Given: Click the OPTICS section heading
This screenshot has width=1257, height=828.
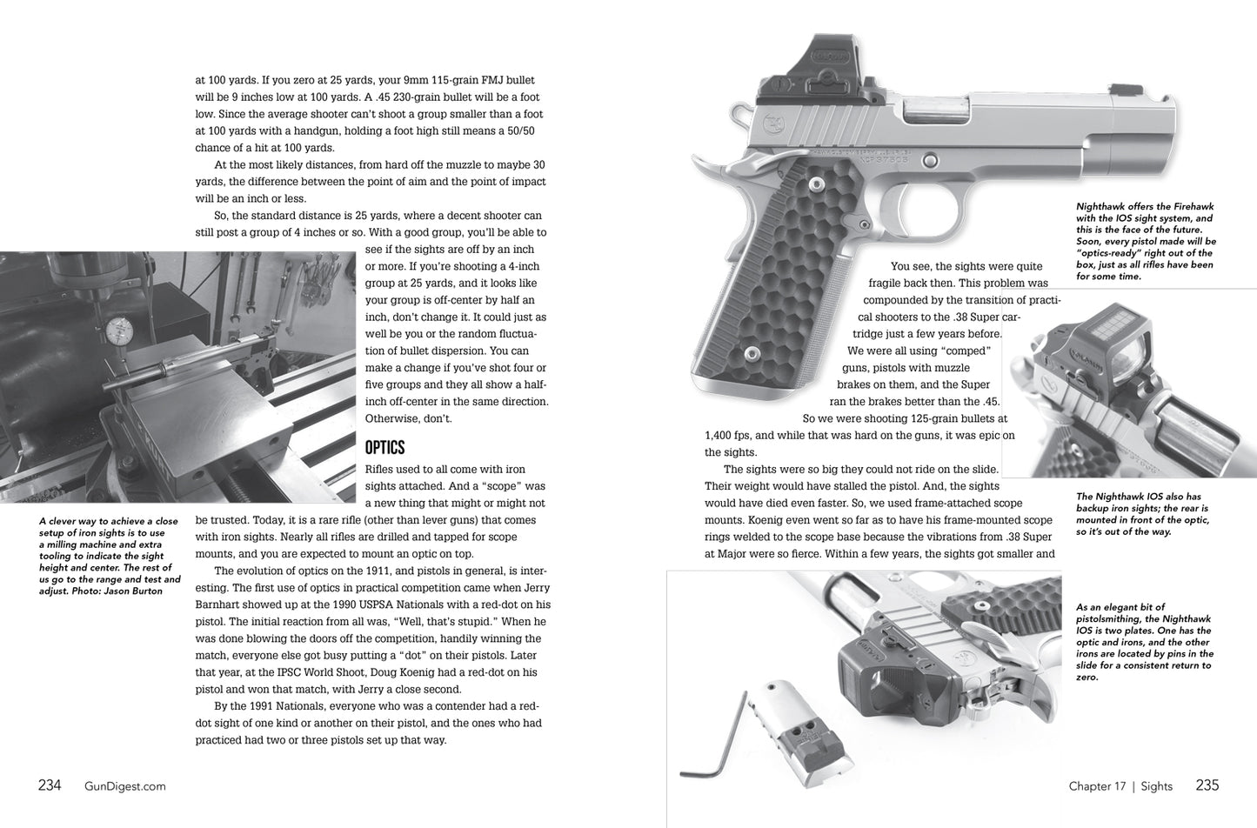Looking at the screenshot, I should [384, 448].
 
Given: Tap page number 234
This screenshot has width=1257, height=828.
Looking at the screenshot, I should [50, 785].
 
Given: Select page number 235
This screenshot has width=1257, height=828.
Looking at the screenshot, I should [1207, 785].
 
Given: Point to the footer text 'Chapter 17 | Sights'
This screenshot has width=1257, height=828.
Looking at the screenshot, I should [1120, 786].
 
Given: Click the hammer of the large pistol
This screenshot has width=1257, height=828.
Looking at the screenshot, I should [740, 113].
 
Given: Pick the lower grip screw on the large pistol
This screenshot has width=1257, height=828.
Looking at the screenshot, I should [751, 350].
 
